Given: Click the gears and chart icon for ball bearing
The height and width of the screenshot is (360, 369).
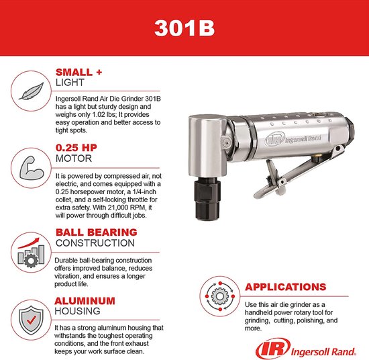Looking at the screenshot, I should [x=28, y=253].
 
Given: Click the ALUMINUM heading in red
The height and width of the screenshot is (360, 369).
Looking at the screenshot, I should [x=85, y=301].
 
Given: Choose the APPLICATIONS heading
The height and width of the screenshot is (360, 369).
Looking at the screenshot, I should [x=286, y=287].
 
